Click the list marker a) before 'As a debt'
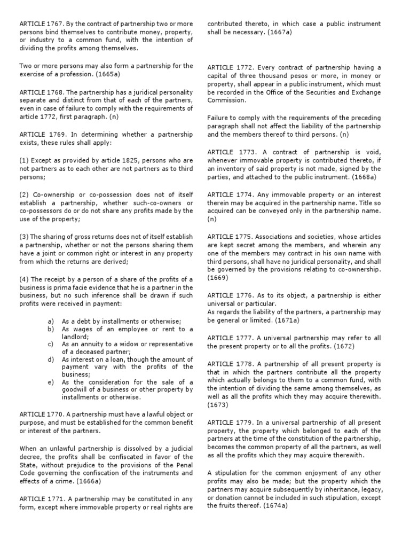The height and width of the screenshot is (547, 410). (51, 321)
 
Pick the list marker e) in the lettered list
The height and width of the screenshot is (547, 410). (51, 382)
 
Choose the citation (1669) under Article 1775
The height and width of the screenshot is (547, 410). (217, 278)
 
